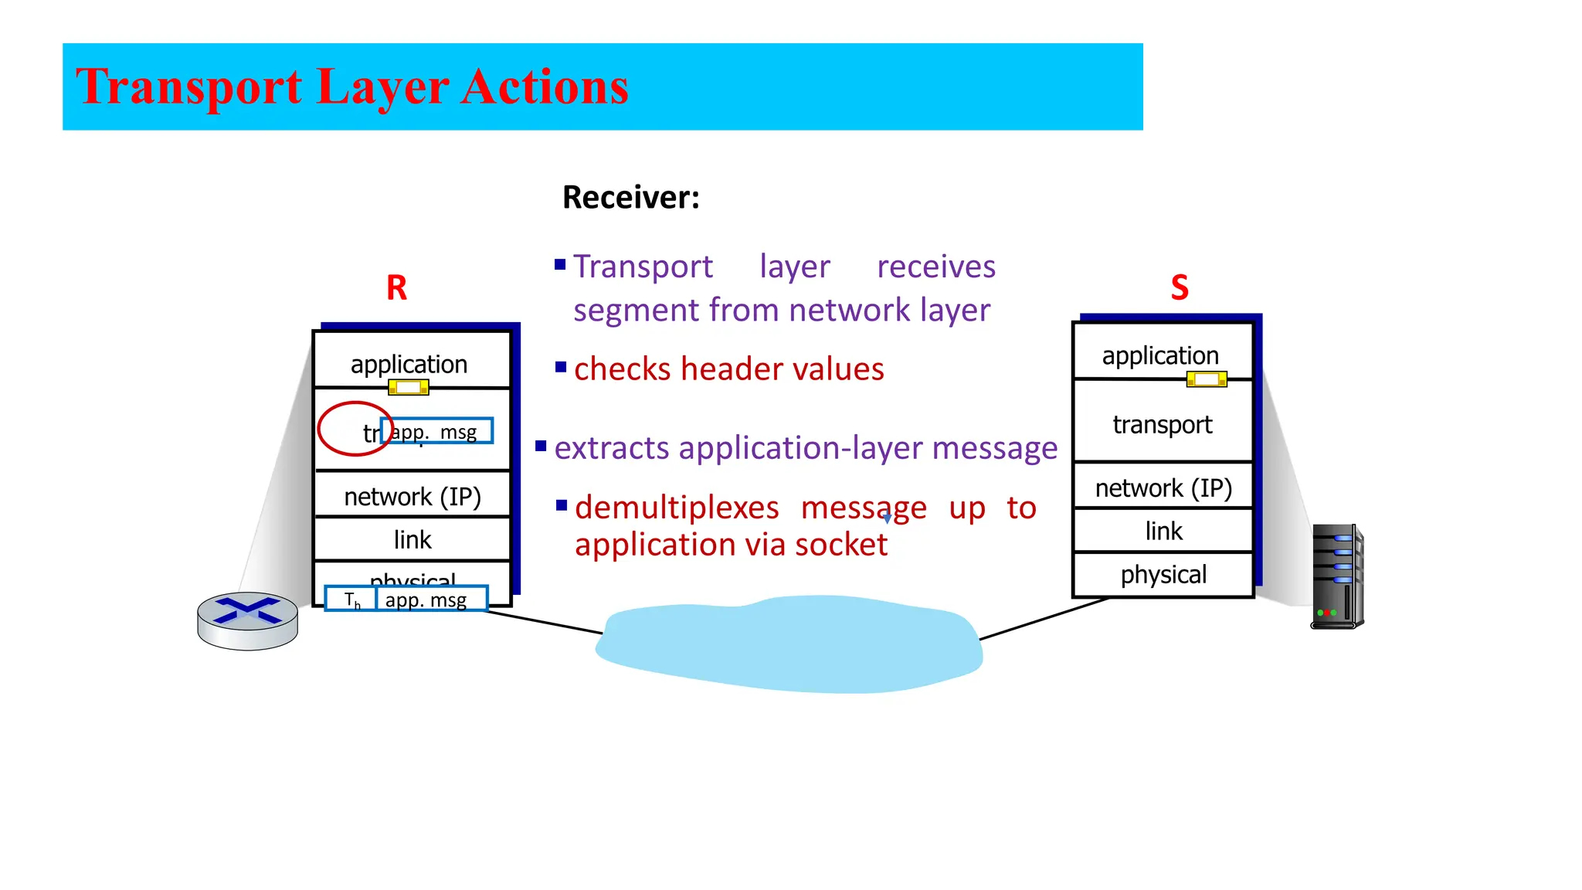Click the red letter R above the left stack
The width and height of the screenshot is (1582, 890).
pos(396,288)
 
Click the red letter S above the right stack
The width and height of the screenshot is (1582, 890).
pos(1179,288)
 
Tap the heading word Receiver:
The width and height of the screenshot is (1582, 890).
pos(630,198)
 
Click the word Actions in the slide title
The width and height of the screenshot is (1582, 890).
pos(545,87)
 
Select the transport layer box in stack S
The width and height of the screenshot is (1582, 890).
pos(1162,424)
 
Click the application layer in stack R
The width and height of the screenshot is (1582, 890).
pos(409,363)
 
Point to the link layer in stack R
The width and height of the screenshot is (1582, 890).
pos(412,539)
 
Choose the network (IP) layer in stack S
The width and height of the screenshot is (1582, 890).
pos(1163,488)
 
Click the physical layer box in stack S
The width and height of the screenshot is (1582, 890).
pos(1163,575)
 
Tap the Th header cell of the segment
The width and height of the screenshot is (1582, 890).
pos(351,600)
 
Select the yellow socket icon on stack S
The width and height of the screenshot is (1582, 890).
pos(1206,379)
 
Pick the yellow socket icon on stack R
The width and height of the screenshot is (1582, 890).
pos(408,387)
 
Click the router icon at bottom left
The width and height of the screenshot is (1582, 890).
pos(247,620)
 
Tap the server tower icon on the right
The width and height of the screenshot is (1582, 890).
pos(1337,576)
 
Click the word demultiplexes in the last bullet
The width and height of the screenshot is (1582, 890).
pos(677,508)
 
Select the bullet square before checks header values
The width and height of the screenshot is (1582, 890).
pos(561,367)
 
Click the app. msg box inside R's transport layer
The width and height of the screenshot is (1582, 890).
pos(437,431)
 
